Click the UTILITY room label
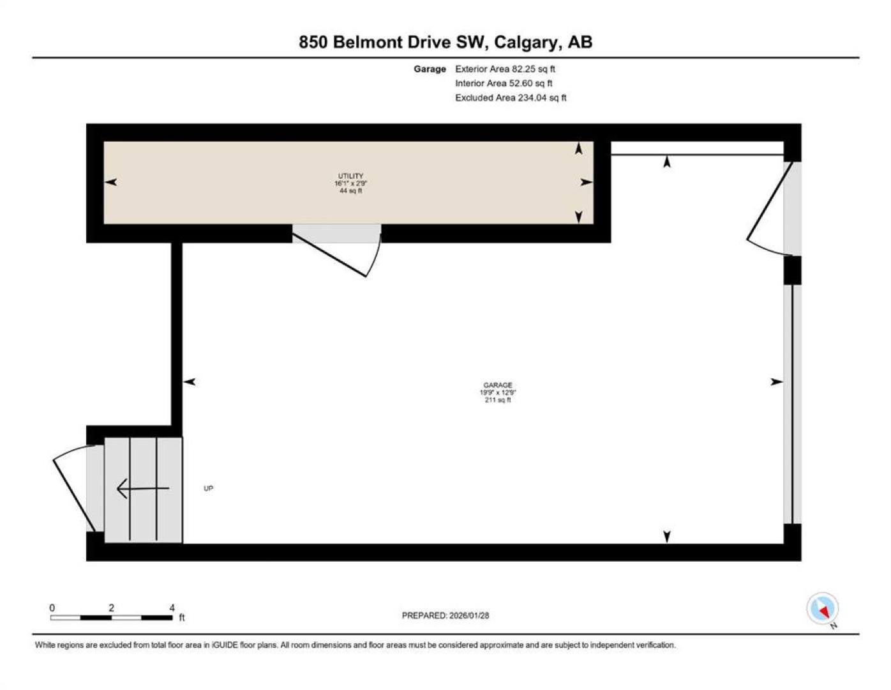pos(350,176)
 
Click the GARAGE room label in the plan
pos(497,385)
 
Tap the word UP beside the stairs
pos(208,489)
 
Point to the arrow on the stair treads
pos(143,488)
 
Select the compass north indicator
pos(822,608)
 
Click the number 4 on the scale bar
pos(172,608)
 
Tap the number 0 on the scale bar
pos(52,608)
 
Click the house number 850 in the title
pos(313,42)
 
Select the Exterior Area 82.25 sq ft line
pos(505,69)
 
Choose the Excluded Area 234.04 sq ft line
pos(511,98)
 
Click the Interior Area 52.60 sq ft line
pos(504,83)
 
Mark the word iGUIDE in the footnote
pos(225,645)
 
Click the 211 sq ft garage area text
pos(498,400)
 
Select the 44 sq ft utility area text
pos(350,191)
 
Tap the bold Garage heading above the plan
pos(430,69)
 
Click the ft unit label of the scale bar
pos(182,617)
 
